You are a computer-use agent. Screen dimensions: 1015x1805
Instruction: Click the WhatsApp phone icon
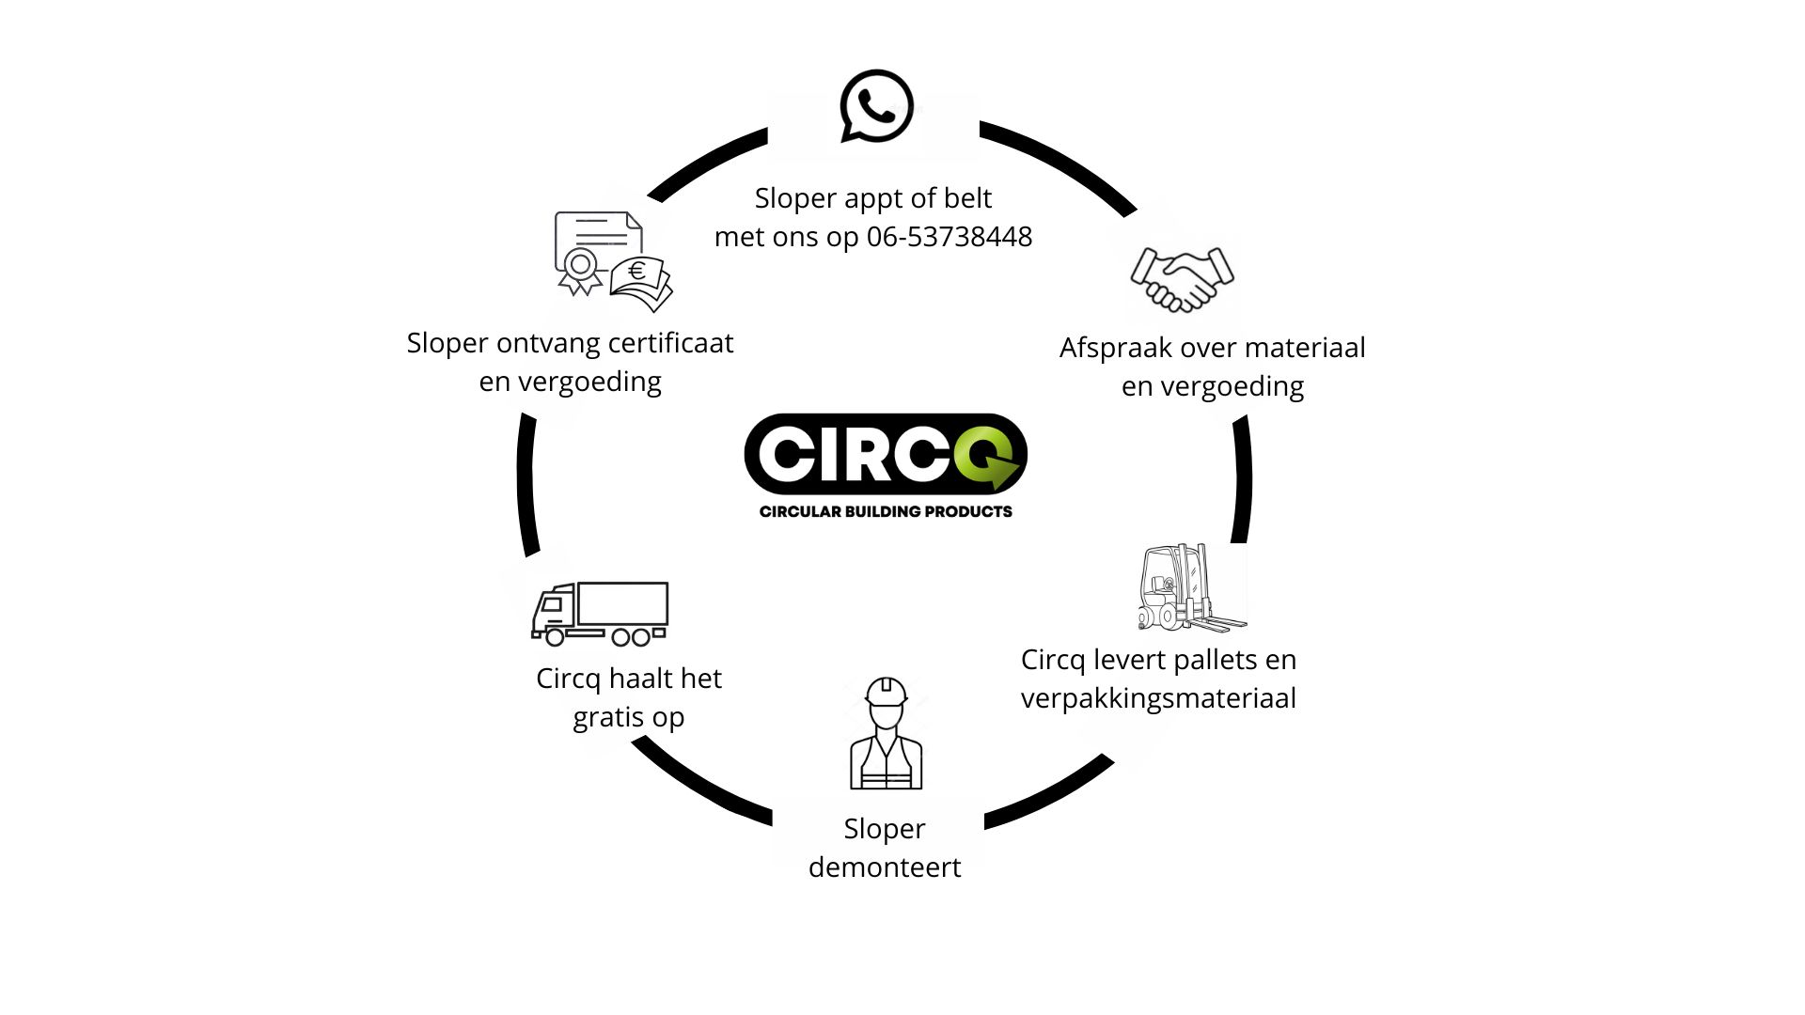[x=876, y=106]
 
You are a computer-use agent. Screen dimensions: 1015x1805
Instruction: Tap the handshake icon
[x=1182, y=279]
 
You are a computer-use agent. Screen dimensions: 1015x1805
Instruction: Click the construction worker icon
[x=886, y=734]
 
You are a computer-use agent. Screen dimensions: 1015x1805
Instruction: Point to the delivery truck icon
[x=600, y=614]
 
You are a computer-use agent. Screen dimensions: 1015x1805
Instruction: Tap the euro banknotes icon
[x=641, y=283]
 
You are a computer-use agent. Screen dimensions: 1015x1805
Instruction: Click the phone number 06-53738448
[x=949, y=237]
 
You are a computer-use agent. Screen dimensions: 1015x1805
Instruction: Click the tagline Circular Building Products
[x=886, y=511]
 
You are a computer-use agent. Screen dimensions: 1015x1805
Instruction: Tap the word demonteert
[x=885, y=867]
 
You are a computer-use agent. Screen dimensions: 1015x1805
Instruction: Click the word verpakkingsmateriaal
[x=1158, y=698]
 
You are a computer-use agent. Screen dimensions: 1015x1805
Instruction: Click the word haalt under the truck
[x=639, y=679]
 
